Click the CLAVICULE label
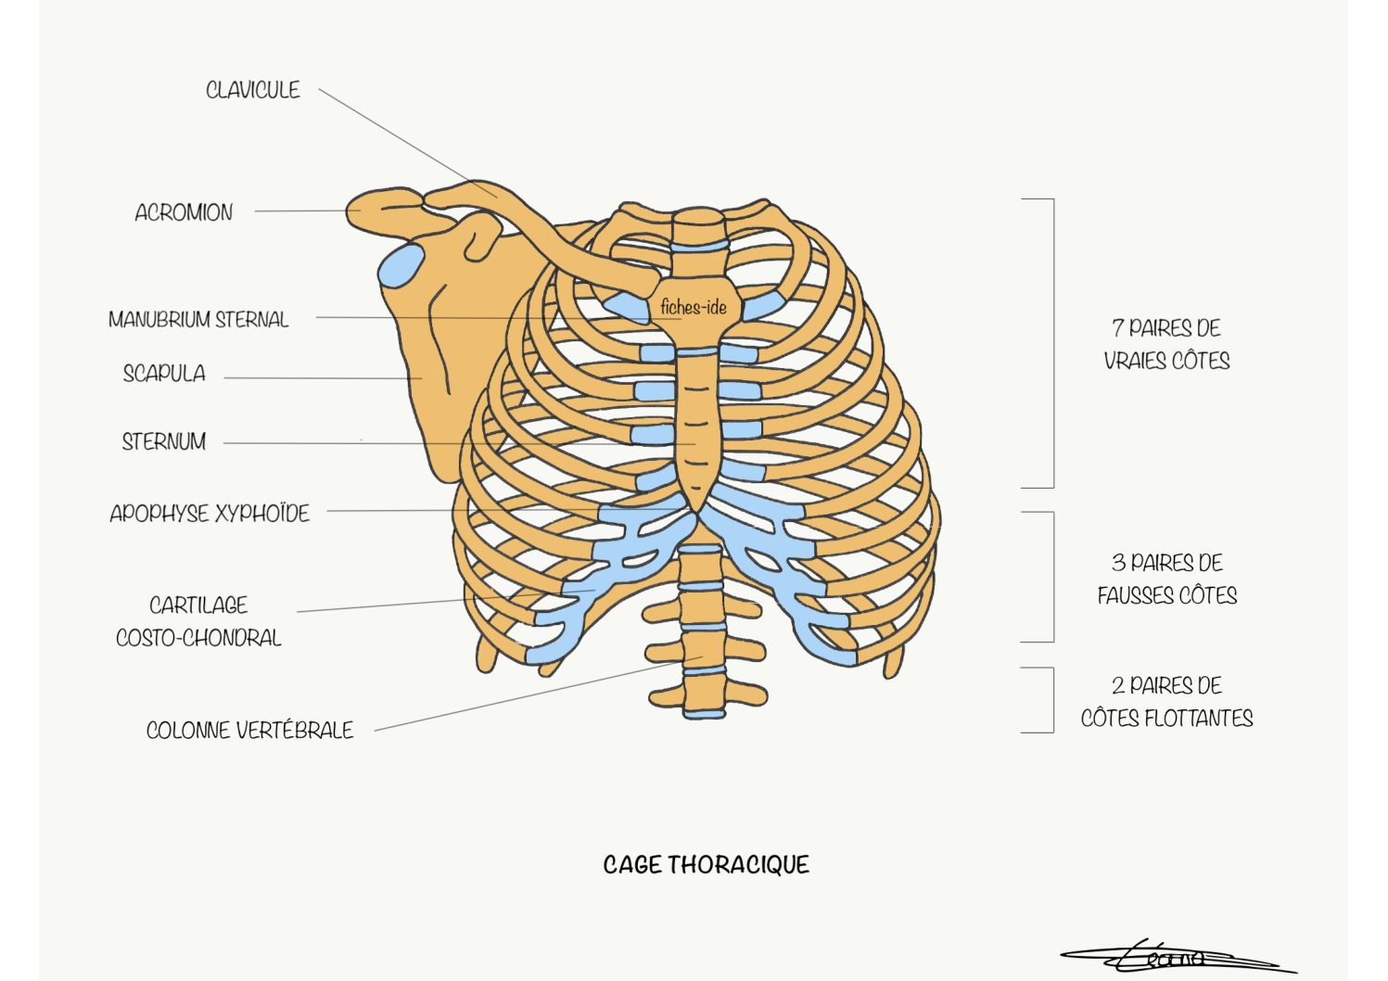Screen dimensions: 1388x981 coord(253,90)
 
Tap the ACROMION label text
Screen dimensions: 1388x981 coord(184,212)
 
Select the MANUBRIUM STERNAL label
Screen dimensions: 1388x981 coord(198,320)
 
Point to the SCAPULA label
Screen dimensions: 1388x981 coord(164,373)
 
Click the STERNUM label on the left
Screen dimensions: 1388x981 coord(163,442)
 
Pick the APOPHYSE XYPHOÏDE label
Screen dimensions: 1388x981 coord(210,513)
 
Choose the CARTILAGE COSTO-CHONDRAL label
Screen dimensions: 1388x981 coord(198,621)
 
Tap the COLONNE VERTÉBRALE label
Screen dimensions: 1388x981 coord(249,730)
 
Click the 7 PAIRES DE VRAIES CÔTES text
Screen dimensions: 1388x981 coord(1166,345)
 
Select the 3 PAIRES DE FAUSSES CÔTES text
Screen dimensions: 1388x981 coord(1166,580)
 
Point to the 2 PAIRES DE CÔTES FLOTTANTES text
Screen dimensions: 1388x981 coord(1166,702)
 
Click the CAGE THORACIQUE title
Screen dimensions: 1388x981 coord(707,865)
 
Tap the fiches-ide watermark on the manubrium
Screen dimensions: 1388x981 coord(694,307)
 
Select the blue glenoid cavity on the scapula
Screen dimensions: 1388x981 coord(401,266)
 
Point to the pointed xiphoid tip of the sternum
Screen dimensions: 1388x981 coord(697,511)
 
